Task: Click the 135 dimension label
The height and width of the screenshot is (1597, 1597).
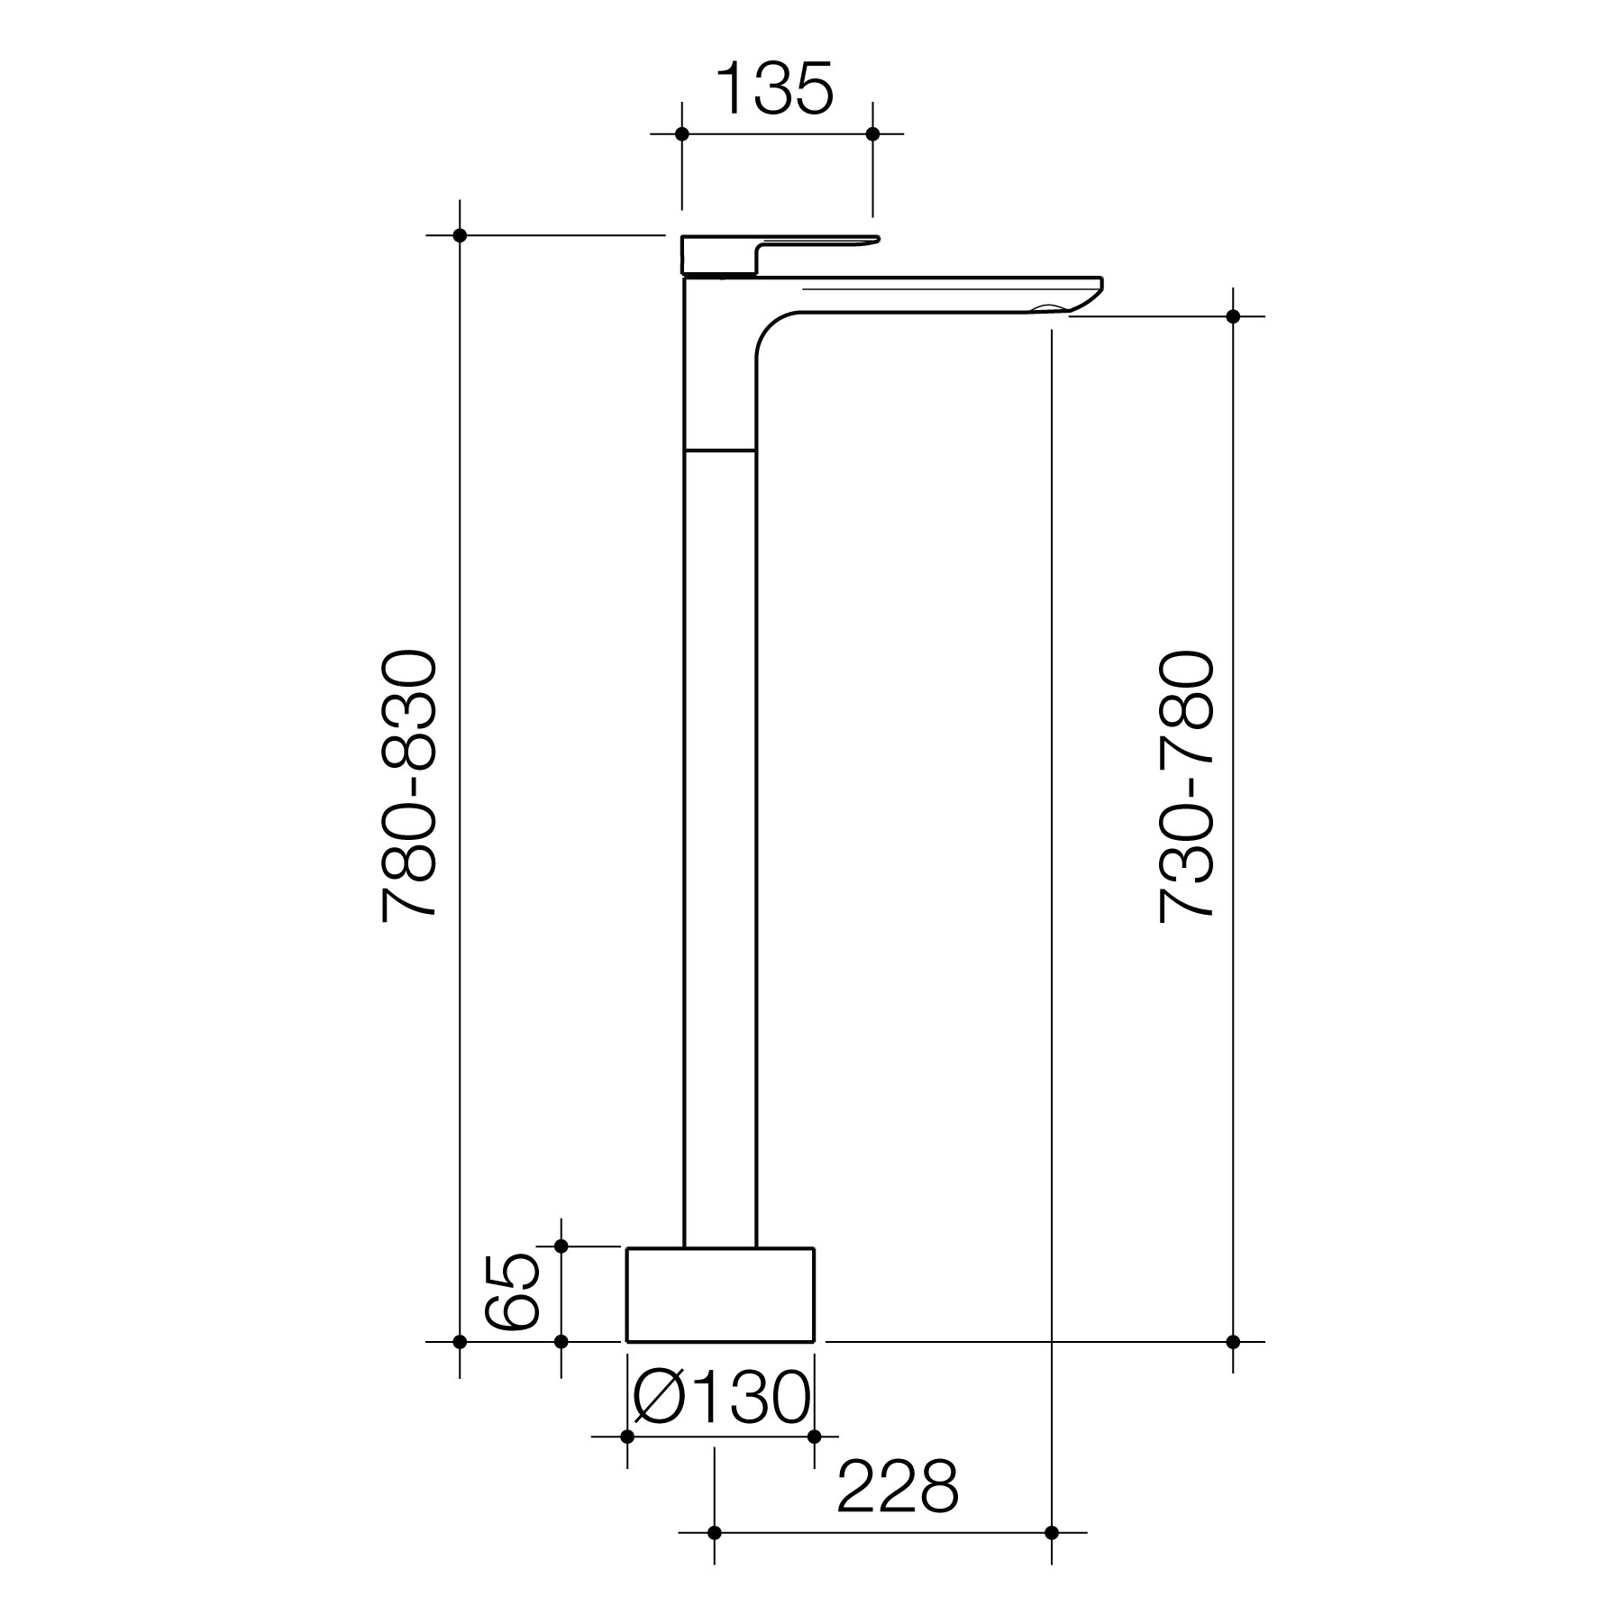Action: click(x=775, y=90)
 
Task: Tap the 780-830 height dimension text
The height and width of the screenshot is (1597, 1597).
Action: click(x=410, y=787)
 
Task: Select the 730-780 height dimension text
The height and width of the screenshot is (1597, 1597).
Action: click(x=1187, y=787)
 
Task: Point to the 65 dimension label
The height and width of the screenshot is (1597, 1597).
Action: click(x=511, y=1292)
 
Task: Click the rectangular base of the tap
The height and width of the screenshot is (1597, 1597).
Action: click(x=720, y=1294)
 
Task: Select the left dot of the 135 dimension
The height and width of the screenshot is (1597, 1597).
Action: click(x=682, y=134)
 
